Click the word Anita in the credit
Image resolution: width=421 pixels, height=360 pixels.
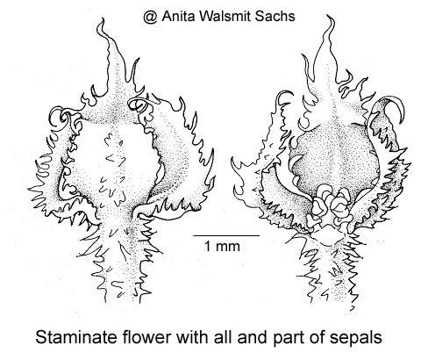tap(179, 16)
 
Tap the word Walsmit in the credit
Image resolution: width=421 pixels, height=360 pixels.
tap(225, 16)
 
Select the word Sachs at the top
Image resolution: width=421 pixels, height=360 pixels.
tap(275, 16)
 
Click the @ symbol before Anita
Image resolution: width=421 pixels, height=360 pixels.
tap(151, 17)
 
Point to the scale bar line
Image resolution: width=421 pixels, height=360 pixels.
tap(226, 235)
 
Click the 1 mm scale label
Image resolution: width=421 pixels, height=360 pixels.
tap(222, 246)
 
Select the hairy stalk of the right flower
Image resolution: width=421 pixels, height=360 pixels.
tap(331, 270)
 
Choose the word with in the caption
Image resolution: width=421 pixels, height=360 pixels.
tap(193, 337)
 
